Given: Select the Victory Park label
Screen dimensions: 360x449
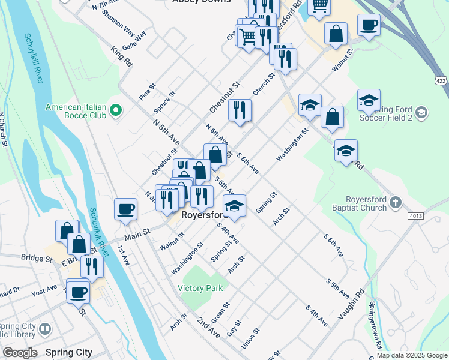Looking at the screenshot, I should point(200,288).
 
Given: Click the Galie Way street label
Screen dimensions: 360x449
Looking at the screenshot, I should point(134,40).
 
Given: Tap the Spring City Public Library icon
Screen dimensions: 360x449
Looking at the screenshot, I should point(45,329).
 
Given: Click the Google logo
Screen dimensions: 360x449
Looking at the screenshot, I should point(20,353).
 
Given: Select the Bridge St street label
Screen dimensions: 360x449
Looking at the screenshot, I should point(37,259).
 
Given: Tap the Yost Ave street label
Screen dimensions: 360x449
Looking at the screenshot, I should point(44,291).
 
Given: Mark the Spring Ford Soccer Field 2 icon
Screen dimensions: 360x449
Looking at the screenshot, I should point(421,112).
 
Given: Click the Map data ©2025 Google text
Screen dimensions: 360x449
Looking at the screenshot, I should point(411,355).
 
